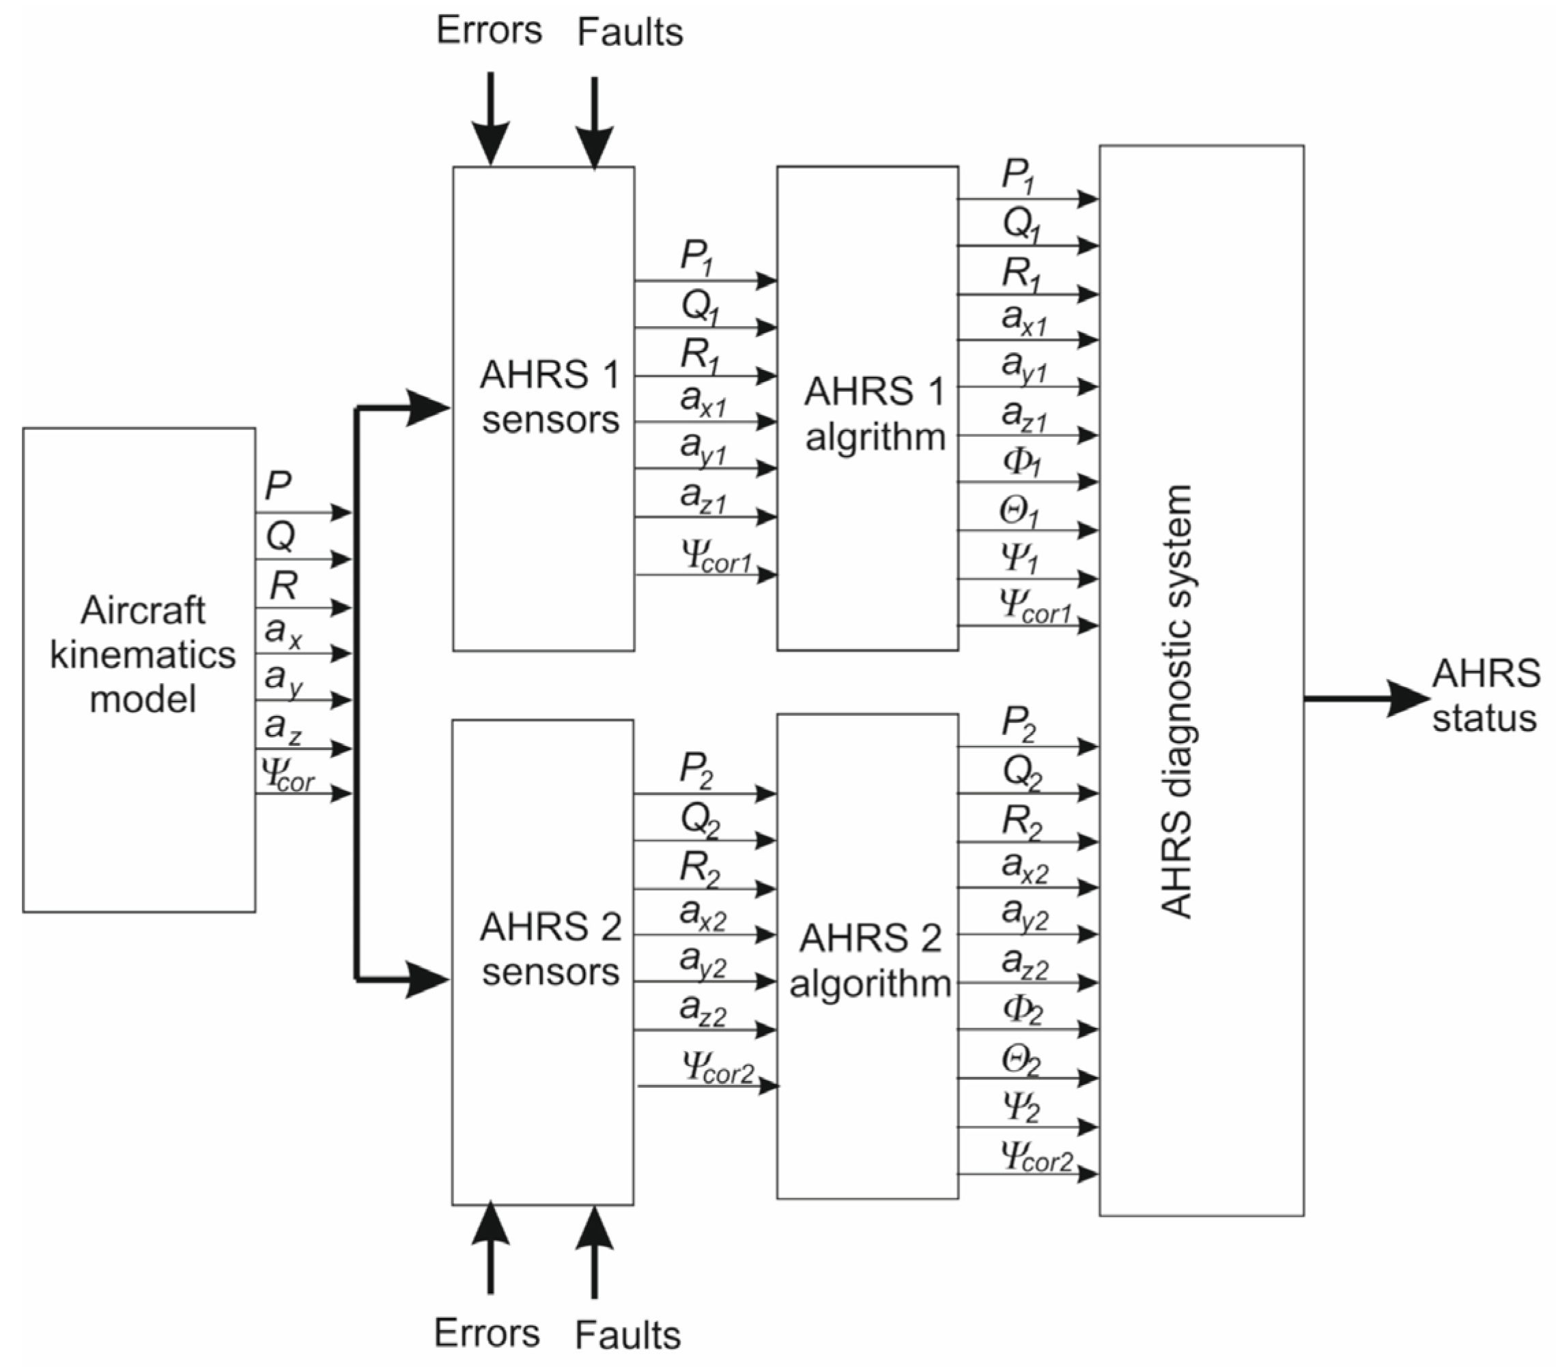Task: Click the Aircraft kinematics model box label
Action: [x=142, y=654]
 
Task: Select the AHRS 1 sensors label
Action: [x=550, y=397]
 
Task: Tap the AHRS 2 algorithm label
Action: [x=869, y=960]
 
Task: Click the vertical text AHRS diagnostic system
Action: [x=1177, y=701]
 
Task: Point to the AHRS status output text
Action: [x=1484, y=695]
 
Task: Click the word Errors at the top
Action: [x=489, y=31]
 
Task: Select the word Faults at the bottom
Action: [x=627, y=1335]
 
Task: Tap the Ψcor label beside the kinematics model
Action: [x=287, y=774]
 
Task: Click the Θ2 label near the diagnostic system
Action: [x=1020, y=1059]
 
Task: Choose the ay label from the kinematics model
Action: [x=284, y=678]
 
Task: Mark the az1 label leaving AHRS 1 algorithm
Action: [x=1024, y=415]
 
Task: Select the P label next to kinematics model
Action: [x=279, y=485]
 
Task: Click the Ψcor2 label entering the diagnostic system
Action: [x=1036, y=1156]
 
